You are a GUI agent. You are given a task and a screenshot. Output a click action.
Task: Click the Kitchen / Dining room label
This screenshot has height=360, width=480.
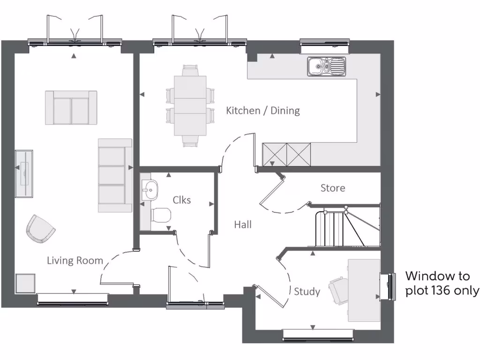[262, 111]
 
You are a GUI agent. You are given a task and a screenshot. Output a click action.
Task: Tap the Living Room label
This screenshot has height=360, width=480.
[75, 261]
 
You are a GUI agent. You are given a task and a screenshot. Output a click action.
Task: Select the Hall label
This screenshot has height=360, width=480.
[243, 225]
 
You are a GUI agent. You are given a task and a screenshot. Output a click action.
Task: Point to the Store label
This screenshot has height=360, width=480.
[333, 188]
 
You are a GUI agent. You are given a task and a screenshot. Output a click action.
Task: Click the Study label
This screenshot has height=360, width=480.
[307, 292]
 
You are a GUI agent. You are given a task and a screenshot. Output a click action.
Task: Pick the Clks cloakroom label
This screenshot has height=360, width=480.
[182, 200]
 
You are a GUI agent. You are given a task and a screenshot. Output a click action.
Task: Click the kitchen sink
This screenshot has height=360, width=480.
[327, 66]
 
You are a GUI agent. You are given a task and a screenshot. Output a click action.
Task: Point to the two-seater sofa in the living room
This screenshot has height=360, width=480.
[71, 108]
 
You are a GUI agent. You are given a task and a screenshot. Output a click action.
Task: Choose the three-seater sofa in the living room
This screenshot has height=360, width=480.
[115, 175]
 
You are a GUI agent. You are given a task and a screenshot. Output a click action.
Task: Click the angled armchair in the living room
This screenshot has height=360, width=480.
[40, 228]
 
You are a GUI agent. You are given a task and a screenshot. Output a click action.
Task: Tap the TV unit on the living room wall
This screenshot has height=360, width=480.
[23, 174]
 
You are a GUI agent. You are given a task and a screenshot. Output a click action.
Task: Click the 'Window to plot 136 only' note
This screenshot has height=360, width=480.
[442, 283]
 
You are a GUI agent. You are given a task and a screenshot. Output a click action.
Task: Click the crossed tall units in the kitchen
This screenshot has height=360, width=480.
[286, 154]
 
